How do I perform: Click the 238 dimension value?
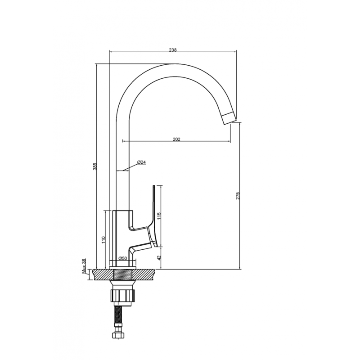click(x=173, y=50)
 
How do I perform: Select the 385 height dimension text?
click(x=95, y=166)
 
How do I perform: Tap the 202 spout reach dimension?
click(x=176, y=139)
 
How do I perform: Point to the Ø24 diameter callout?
click(x=141, y=162)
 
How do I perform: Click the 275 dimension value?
click(x=238, y=196)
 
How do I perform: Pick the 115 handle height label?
click(x=159, y=216)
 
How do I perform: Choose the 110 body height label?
click(x=103, y=240)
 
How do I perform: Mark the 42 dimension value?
click(x=159, y=258)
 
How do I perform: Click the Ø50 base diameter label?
click(x=122, y=258)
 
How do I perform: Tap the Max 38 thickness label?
click(x=84, y=266)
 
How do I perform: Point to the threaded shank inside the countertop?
click(x=123, y=274)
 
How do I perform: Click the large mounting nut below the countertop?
click(x=123, y=295)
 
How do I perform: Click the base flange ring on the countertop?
click(x=123, y=268)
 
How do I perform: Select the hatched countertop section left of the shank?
click(x=103, y=274)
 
